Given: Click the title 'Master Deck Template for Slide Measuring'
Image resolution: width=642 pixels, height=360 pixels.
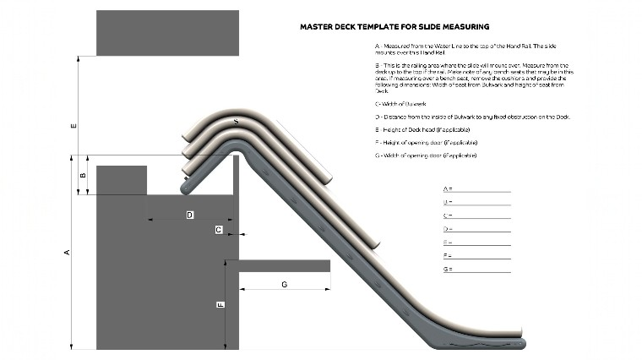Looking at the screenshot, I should tap(394, 26).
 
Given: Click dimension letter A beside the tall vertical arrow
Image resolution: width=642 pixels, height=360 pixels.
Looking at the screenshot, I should tap(67, 253).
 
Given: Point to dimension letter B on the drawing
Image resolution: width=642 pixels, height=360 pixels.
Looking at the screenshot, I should tap(82, 176).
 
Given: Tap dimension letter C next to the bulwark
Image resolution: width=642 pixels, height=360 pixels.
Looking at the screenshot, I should tap(219, 229).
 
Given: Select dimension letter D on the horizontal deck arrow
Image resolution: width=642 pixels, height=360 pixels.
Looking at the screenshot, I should tap(189, 215).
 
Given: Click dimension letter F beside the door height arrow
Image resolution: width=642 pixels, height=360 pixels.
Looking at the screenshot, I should tap(220, 305).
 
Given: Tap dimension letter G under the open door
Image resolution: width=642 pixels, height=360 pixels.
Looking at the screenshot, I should tap(284, 285).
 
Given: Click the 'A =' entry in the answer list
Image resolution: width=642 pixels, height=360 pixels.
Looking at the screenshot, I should tap(448, 188).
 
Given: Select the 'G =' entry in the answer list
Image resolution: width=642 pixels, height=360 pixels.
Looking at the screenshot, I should tap(448, 269).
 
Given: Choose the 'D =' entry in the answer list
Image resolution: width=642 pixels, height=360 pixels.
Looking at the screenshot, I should tap(448, 229).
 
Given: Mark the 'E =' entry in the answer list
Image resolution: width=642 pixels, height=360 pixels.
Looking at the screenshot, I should tap(448, 243).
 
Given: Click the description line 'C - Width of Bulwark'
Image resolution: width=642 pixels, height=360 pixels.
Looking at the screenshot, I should tap(408, 103).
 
